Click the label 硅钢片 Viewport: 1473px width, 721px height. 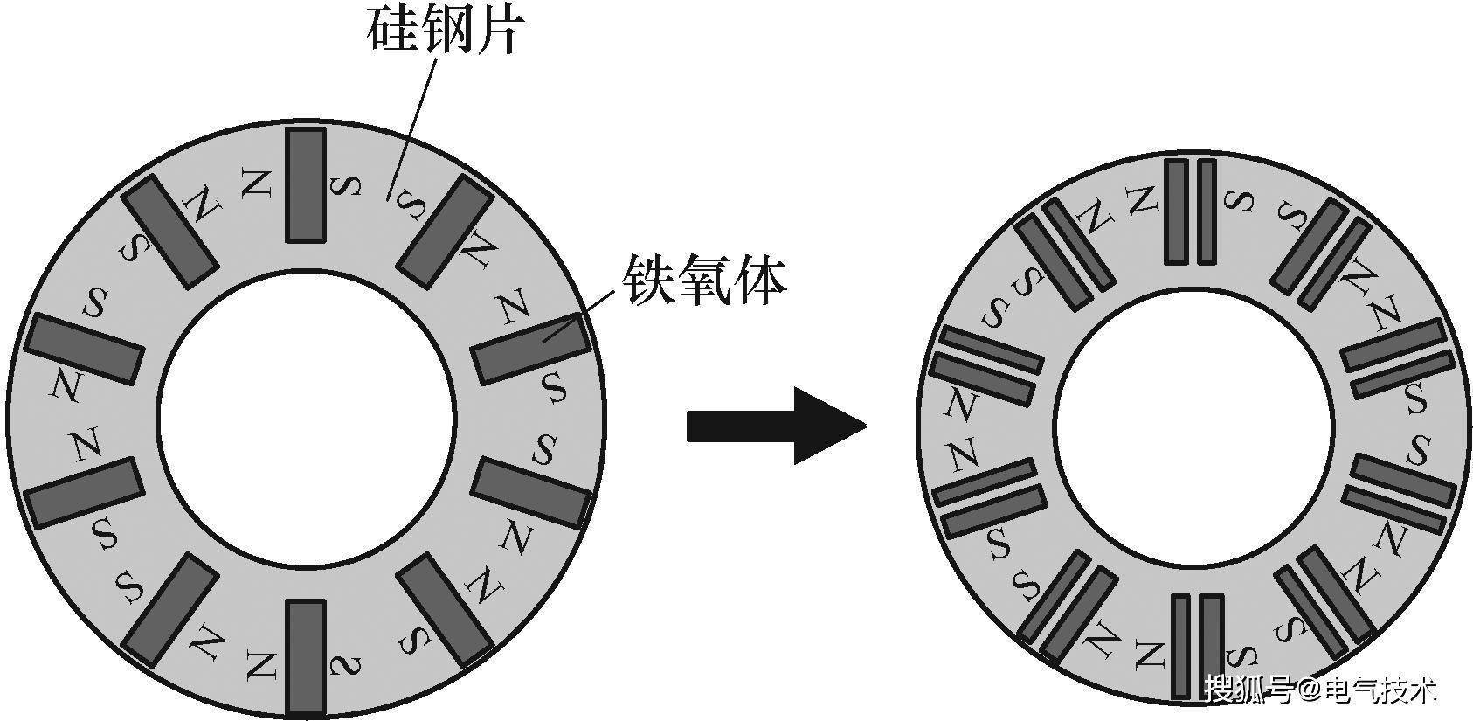click(446, 30)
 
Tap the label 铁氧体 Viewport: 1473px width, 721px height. click(704, 281)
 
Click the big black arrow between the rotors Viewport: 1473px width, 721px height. click(777, 426)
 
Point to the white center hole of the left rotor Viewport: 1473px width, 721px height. click(307, 418)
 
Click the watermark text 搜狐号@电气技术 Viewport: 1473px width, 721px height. click(1321, 689)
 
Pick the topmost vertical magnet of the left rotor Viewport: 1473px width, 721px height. click(306, 185)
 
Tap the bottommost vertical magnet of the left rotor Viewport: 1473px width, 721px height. click(306, 657)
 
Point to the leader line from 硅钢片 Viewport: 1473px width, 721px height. click(412, 128)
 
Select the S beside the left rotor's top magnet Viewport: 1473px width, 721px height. click(345, 186)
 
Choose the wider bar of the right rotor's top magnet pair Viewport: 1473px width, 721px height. click(1177, 212)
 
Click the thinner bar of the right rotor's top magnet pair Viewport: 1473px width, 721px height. click(1207, 212)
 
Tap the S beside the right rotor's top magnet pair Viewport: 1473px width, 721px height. click(1238, 201)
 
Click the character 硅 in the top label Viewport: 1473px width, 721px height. click(392, 31)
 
